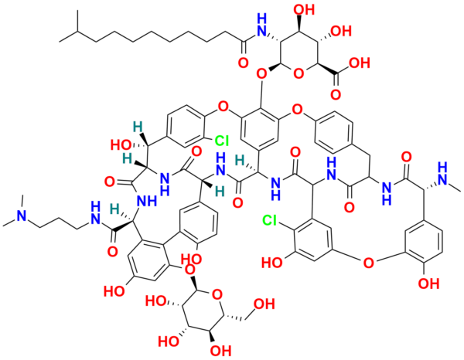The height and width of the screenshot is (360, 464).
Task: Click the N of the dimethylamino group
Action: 21,216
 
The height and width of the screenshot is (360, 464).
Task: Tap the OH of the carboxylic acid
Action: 360,63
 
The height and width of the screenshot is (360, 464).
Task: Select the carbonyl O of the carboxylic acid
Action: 336,94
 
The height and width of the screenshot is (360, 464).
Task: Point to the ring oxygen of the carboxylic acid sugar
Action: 299,73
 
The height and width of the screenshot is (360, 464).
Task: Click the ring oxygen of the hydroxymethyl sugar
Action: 217,294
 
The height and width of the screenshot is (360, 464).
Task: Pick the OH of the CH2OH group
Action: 264,304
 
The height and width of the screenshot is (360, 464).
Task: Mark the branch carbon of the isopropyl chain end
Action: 77,31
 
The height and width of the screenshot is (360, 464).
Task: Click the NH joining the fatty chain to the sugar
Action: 261,26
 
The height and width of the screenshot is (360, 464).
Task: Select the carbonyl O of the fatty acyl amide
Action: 244,63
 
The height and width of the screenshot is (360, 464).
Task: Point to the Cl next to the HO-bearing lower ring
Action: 270,220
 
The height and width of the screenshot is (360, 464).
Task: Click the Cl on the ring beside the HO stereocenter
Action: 222,141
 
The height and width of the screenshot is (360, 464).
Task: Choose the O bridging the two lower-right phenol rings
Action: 368,262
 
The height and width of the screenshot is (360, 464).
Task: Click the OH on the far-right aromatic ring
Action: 428,284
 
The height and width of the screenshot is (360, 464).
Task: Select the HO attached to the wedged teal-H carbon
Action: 121,145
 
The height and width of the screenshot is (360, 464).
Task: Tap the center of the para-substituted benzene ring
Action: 335,132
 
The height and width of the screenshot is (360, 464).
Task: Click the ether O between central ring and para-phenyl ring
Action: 297,110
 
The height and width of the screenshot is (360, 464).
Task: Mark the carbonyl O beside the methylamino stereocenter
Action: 407,158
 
